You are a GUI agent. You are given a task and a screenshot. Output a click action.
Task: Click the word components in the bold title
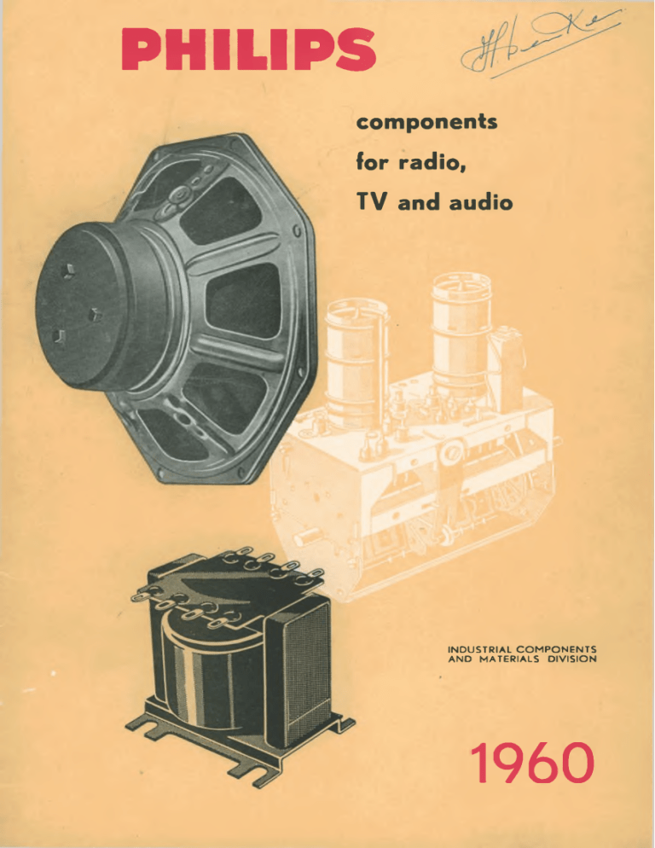[421, 124]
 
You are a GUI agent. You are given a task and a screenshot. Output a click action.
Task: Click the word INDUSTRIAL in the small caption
[479, 649]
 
